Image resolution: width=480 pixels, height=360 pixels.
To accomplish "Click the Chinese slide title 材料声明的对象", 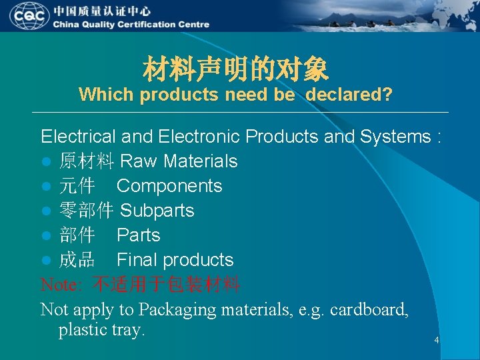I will point(235,69).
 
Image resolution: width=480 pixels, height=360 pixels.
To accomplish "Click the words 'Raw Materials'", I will point(178,161).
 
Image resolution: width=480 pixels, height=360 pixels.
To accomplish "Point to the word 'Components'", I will point(169,186).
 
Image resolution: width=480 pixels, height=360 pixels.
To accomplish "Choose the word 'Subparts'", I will point(157,211).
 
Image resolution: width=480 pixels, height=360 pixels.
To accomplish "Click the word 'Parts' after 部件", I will point(138,235).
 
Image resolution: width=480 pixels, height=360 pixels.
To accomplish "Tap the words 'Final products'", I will point(175,260).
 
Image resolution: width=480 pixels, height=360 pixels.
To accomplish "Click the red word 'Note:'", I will point(62,285).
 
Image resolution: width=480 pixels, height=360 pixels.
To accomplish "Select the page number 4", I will point(437,341).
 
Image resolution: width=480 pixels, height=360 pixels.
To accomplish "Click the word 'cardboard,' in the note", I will point(369,309).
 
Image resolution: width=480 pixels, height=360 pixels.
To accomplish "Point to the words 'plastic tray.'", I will point(101,330).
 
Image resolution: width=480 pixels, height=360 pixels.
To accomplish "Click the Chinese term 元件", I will point(77,186).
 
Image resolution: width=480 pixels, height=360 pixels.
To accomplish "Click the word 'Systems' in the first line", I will point(395,137).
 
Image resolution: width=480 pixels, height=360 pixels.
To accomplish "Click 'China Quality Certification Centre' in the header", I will point(131,25).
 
